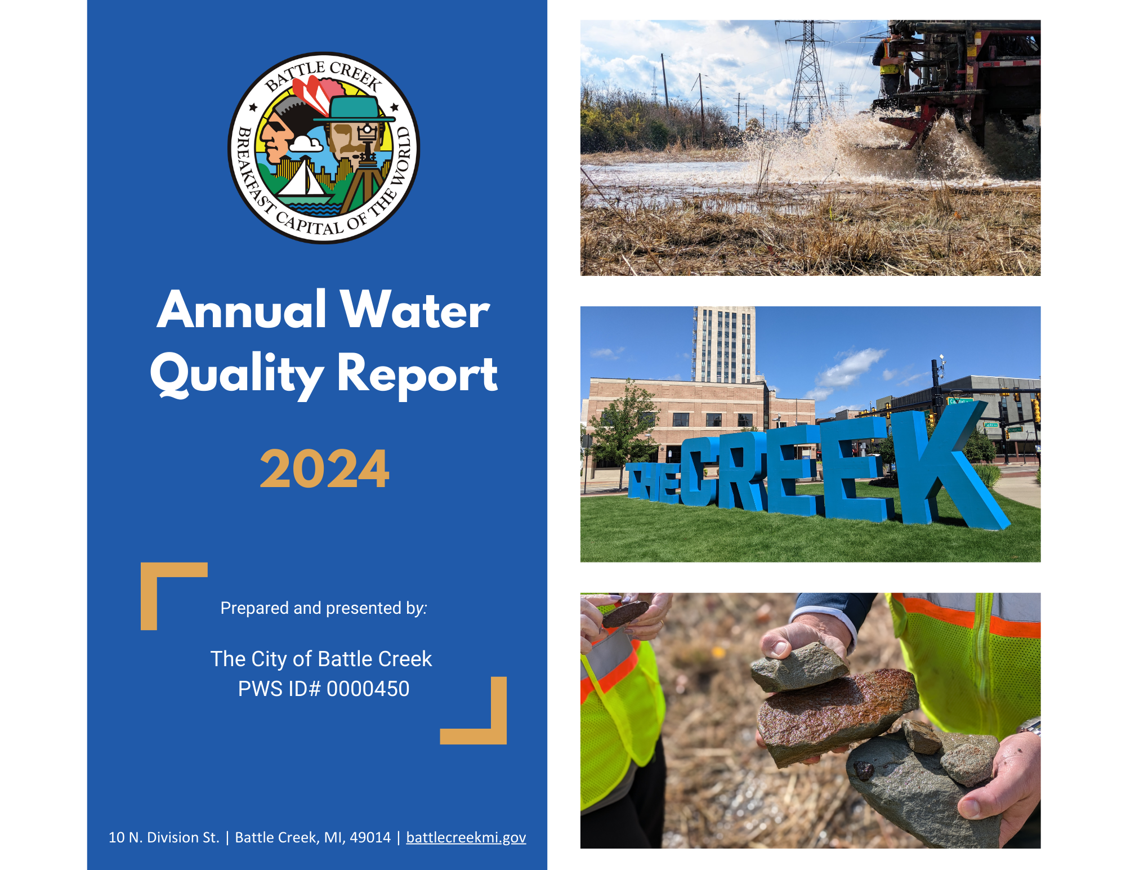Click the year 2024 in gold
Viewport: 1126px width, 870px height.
point(324,469)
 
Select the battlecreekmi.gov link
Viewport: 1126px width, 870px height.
point(466,837)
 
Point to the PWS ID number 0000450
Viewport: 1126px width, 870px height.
point(368,689)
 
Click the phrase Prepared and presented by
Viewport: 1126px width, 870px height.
point(324,608)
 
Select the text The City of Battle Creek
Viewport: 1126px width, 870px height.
point(321,659)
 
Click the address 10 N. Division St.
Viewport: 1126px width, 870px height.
point(164,837)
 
